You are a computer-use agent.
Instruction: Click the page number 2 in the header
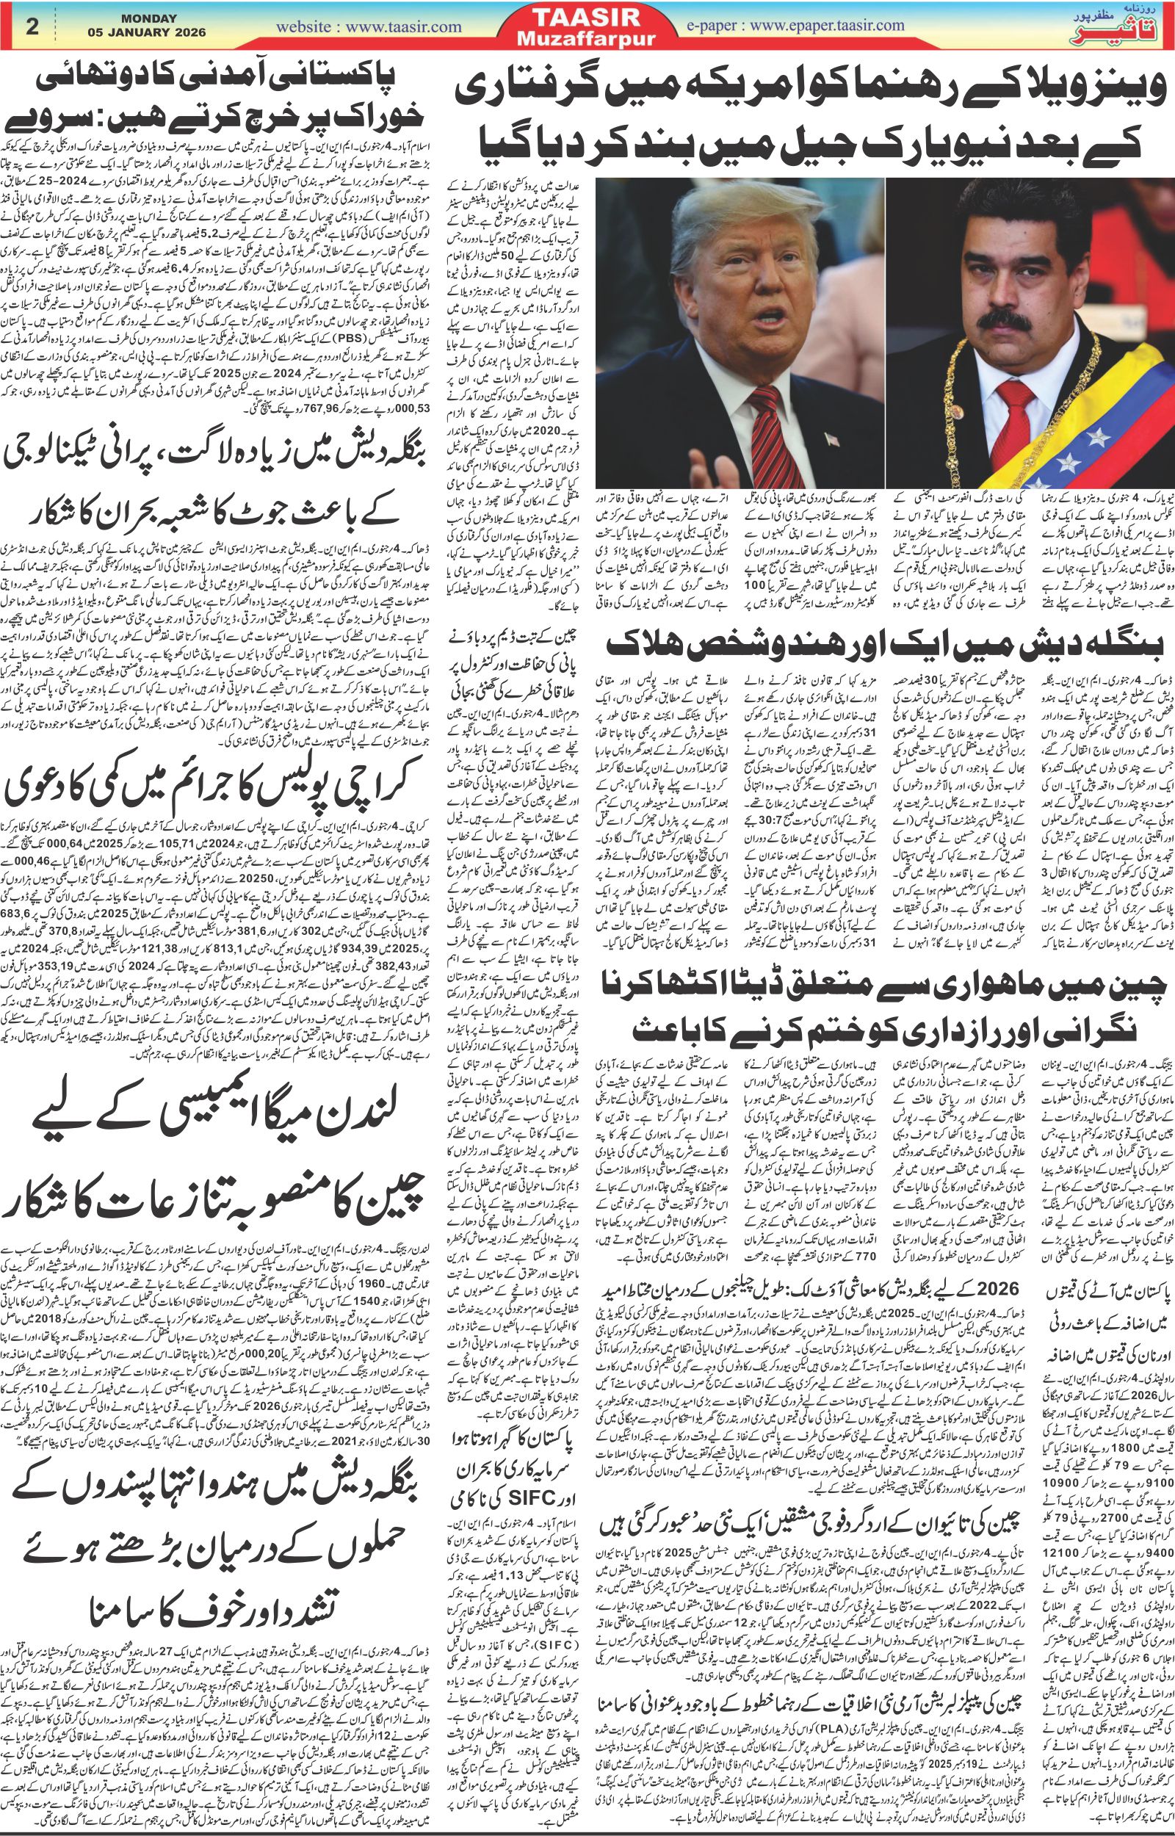[x=32, y=26]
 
